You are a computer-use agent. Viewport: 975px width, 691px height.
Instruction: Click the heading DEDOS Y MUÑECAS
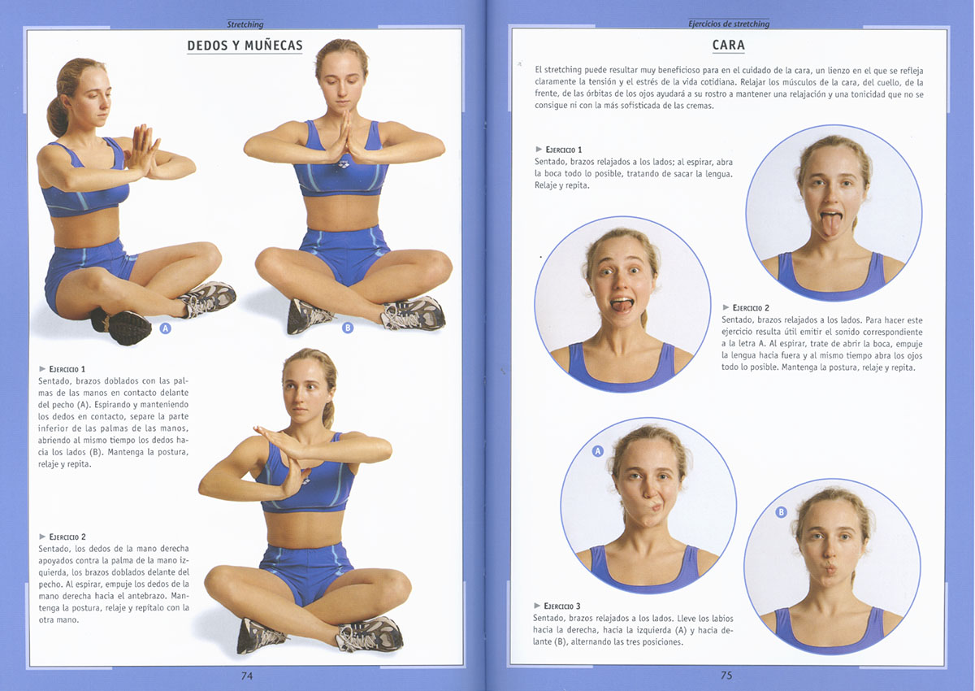pos(245,46)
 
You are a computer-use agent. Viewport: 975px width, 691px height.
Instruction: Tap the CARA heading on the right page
pos(729,45)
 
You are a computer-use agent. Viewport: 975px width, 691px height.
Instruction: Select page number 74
pos(247,676)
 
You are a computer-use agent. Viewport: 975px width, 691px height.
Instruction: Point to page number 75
pos(726,675)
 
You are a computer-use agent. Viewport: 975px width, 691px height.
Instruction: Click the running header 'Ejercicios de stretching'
pos(729,24)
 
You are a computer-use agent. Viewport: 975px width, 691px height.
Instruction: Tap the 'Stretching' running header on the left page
pos(245,24)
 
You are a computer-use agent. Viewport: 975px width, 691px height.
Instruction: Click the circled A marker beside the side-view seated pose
pos(165,328)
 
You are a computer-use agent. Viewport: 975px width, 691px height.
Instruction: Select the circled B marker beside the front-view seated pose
pos(348,328)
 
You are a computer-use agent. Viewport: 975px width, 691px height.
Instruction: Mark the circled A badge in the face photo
pos(598,451)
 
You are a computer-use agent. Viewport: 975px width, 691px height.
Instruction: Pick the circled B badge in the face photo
pos(782,512)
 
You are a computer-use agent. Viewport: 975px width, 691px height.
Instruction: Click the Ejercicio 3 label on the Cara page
pos(557,606)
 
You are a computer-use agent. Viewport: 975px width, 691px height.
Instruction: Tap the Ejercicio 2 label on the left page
pos(63,537)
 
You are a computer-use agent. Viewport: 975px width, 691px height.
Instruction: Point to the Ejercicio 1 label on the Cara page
pos(559,150)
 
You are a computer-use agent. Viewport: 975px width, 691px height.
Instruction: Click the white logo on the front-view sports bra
pos(343,164)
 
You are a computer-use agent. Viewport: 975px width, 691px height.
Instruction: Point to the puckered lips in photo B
pos(830,568)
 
